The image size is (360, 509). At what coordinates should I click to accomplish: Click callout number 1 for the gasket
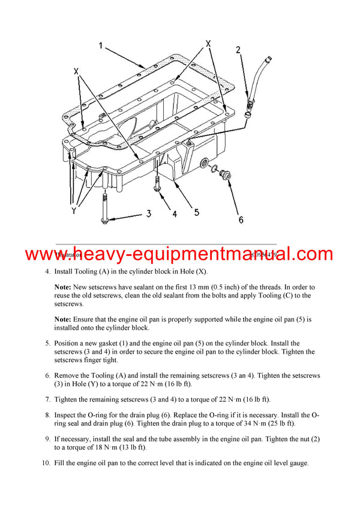pyautogui.click(x=101, y=46)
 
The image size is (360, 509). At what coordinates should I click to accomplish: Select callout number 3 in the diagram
pyautogui.click(x=148, y=213)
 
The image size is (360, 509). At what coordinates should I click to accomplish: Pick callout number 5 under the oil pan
pyautogui.click(x=196, y=212)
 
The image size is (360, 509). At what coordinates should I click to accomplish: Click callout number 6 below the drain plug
pyautogui.click(x=241, y=219)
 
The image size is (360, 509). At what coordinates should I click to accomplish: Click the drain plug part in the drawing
pyautogui.click(x=226, y=176)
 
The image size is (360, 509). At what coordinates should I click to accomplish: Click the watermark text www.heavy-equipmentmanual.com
pyautogui.click(x=179, y=254)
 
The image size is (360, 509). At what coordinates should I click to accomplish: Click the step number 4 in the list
pyautogui.click(x=48, y=272)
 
